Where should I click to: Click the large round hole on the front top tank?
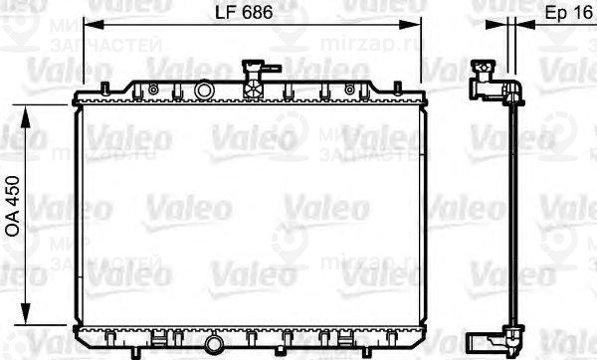[x=205, y=91]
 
